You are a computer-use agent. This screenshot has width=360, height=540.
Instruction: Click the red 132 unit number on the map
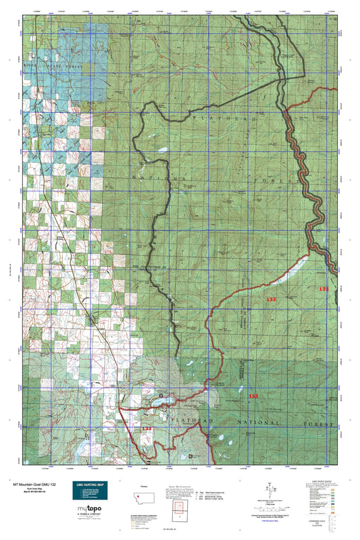(x=324, y=289)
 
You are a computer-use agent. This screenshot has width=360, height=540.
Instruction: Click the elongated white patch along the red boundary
(x=294, y=269)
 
